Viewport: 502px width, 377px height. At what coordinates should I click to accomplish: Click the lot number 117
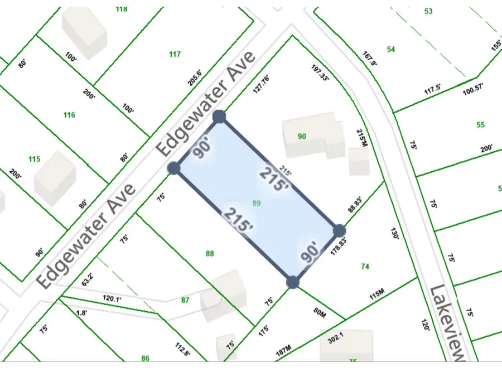coord(175,54)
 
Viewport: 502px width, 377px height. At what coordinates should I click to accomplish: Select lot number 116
coord(69,115)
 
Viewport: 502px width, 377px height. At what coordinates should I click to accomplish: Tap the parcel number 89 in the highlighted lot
coord(257,204)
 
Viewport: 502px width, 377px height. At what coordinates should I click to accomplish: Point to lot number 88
coord(210,254)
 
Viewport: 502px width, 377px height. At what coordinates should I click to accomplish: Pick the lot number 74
coord(365,267)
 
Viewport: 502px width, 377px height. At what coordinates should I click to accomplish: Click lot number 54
coord(391,50)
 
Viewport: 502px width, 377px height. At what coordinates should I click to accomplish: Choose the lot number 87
coord(185,300)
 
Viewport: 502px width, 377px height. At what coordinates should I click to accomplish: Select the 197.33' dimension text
coord(320,73)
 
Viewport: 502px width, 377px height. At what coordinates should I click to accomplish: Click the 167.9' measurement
coord(370,58)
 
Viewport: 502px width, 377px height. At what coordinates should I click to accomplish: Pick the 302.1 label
coord(335,336)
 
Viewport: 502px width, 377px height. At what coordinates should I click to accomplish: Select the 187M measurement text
coord(285,351)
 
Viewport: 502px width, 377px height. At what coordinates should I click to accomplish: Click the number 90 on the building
coord(302,137)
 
